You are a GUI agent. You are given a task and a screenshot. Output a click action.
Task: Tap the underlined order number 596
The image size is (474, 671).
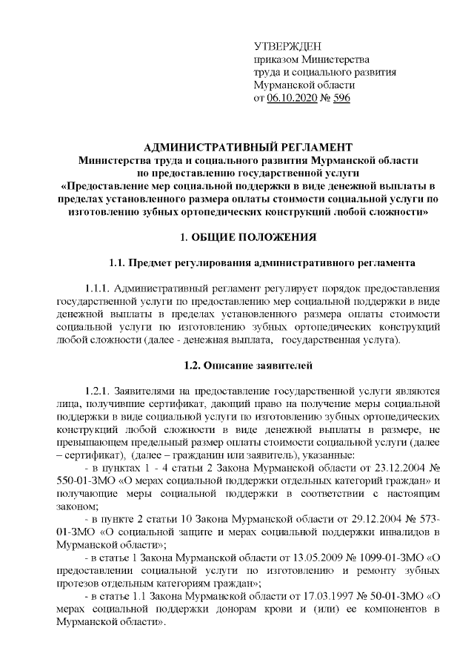tap(341, 97)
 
